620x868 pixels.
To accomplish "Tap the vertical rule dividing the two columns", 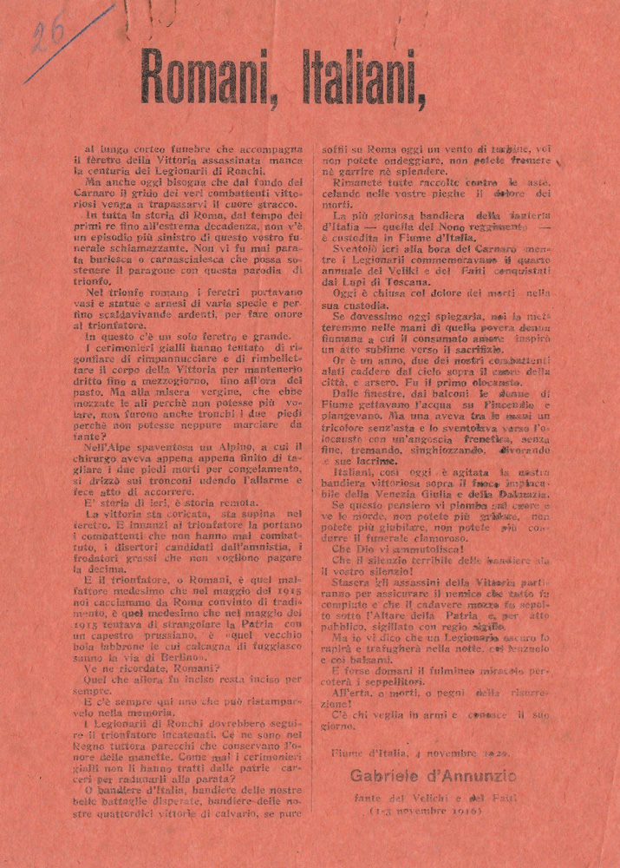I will [x=312, y=477].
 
